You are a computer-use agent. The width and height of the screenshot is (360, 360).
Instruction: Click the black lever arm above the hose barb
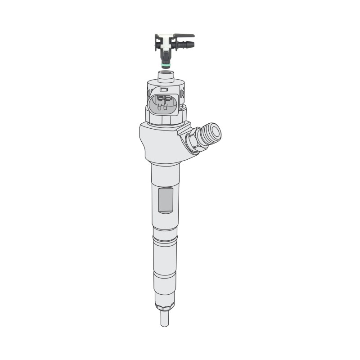click(x=184, y=35)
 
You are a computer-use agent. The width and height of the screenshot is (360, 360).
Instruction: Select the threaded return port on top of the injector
click(x=167, y=74)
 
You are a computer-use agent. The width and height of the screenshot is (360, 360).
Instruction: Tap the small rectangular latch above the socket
click(x=164, y=89)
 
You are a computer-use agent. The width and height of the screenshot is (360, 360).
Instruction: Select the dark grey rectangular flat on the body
click(x=166, y=200)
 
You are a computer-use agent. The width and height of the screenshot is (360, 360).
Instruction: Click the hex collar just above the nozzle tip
click(x=165, y=306)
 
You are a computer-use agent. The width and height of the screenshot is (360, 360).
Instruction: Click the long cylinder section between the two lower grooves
click(x=165, y=257)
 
